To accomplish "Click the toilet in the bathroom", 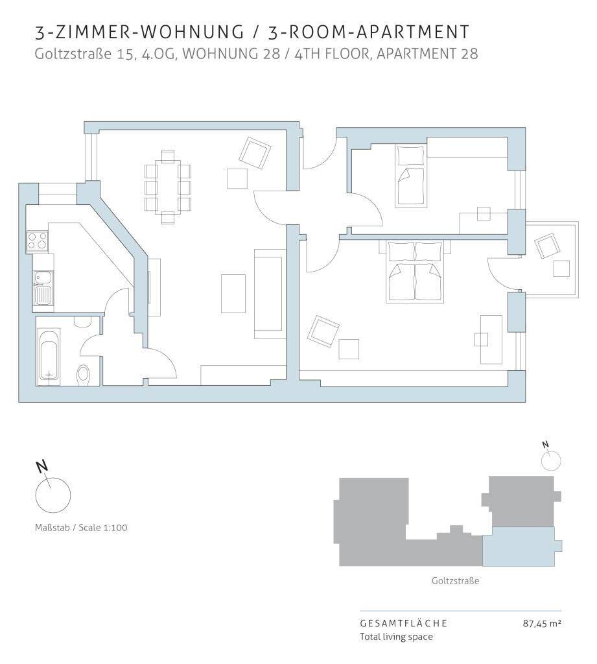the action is [x=84, y=375].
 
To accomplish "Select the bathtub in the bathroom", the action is [x=48, y=357].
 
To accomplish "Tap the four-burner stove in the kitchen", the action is [x=37, y=241].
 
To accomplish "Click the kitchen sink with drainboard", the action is [x=43, y=288].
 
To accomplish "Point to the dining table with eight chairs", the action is [x=168, y=187].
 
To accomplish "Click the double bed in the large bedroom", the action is [x=415, y=272].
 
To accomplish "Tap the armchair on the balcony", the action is [x=547, y=246].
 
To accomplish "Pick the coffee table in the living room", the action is [x=233, y=294].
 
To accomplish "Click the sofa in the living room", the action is [x=268, y=294].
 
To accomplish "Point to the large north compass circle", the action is [x=53, y=495].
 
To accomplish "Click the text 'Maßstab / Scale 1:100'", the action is [x=81, y=528].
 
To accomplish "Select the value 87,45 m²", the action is [x=542, y=623].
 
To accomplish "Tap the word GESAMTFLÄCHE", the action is [x=403, y=623].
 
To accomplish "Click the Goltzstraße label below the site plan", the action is [x=455, y=580].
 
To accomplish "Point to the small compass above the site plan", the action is [x=551, y=461].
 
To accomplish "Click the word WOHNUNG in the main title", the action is [x=192, y=32].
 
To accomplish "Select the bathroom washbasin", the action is [x=82, y=321].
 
